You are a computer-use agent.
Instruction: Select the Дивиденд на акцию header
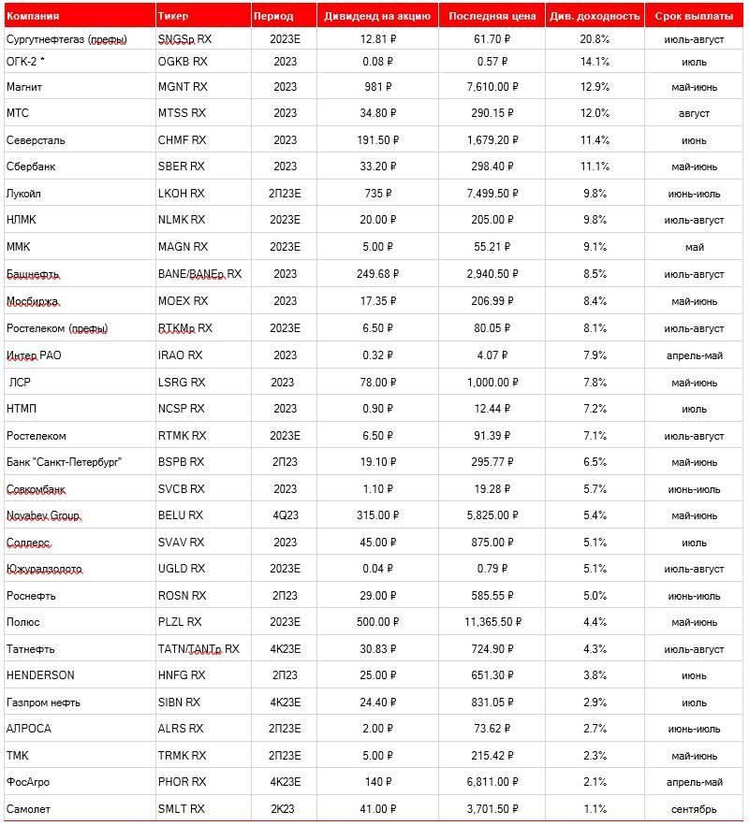click(x=377, y=16)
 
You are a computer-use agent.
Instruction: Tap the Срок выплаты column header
click(x=695, y=16)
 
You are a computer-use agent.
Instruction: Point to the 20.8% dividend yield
click(x=595, y=39)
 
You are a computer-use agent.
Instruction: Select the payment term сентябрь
click(x=695, y=808)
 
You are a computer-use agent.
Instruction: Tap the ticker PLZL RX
click(x=180, y=621)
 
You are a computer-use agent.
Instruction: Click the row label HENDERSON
click(x=40, y=674)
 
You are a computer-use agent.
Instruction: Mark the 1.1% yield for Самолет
click(x=595, y=808)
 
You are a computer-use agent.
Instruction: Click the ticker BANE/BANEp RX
click(x=199, y=274)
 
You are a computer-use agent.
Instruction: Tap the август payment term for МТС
click(x=695, y=113)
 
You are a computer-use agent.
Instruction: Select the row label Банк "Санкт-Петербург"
click(x=65, y=461)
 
